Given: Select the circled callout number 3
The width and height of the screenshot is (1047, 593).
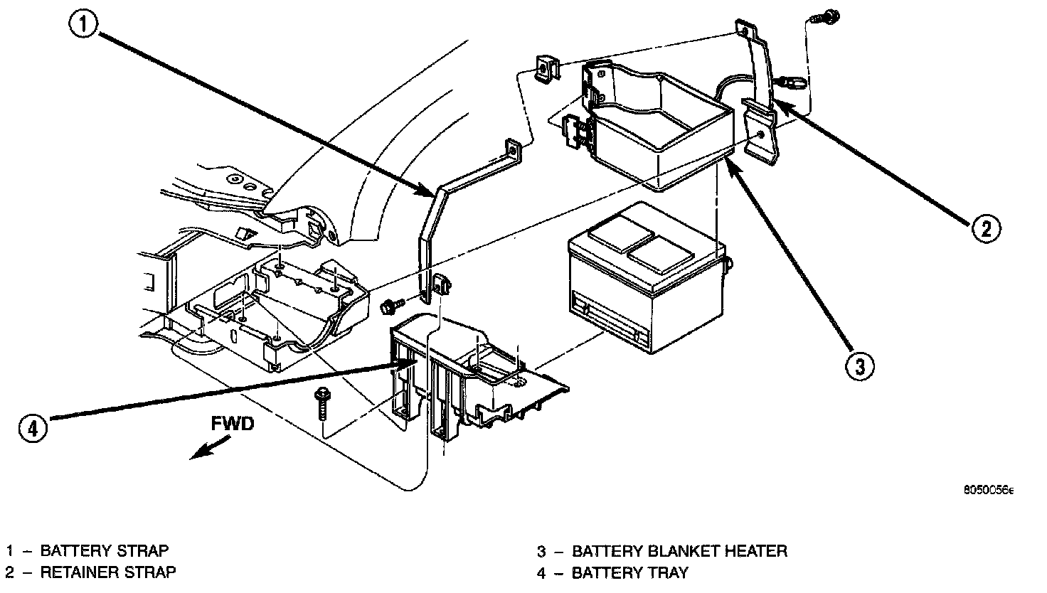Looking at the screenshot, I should pyautogui.click(x=859, y=365).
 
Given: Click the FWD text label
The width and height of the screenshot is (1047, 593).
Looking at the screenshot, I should pyautogui.click(x=232, y=424).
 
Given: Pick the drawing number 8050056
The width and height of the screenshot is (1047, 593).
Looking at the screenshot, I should pyautogui.click(x=988, y=491).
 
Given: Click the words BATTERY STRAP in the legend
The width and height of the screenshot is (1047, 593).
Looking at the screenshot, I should pyautogui.click(x=105, y=550).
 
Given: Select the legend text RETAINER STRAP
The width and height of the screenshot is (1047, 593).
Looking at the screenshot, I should pyautogui.click(x=108, y=572).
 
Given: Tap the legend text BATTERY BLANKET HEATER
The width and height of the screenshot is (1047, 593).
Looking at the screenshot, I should pyautogui.click(x=679, y=550).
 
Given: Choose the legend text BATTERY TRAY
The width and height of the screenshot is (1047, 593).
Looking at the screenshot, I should pyautogui.click(x=630, y=572).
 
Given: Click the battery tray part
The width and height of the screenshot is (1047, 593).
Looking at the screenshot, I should pyautogui.click(x=469, y=377).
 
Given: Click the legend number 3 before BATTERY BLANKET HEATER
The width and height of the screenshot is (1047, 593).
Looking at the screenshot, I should pyautogui.click(x=541, y=550).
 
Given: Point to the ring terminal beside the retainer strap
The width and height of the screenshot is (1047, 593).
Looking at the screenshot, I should pyautogui.click(x=793, y=83).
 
